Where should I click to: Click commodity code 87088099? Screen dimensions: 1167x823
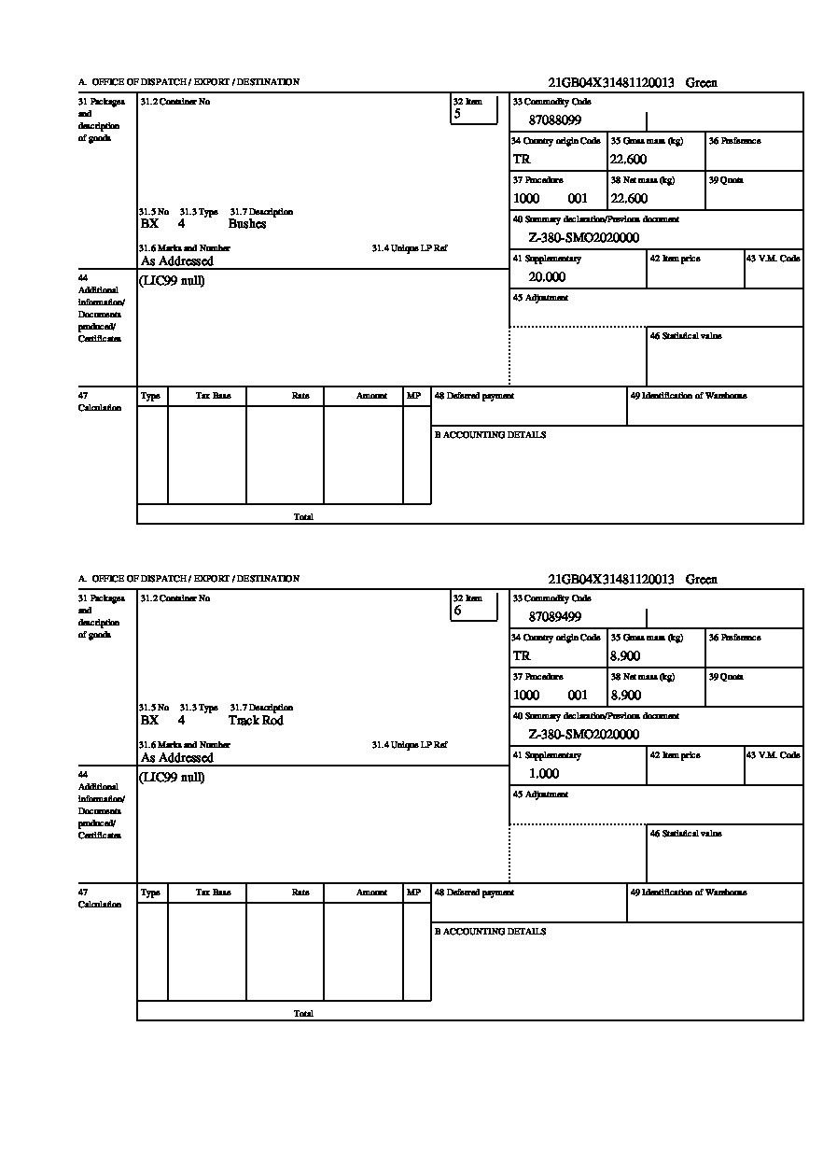pyautogui.click(x=554, y=120)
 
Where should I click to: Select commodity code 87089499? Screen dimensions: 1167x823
pyautogui.click(x=554, y=617)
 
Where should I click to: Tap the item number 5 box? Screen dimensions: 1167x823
pyautogui.click(x=474, y=109)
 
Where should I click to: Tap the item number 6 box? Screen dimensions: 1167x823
pyautogui.click(x=474, y=606)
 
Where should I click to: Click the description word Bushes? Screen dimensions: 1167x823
pyautogui.click(x=247, y=224)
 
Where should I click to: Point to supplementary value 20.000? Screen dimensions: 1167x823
pyautogui.click(x=546, y=277)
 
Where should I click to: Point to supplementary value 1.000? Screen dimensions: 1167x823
pyautogui.click(x=543, y=774)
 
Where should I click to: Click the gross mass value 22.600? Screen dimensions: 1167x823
pyautogui.click(x=628, y=160)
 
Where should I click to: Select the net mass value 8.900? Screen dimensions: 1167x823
pyautogui.click(x=625, y=696)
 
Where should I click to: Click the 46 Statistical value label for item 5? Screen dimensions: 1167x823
pyautogui.click(x=685, y=336)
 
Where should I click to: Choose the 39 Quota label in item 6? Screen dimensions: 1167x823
pyautogui.click(x=725, y=676)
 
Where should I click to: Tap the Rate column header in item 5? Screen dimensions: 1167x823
pyautogui.click(x=300, y=396)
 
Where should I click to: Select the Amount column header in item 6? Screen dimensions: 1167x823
pyautogui.click(x=371, y=893)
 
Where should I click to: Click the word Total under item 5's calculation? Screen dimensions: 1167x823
pyautogui.click(x=303, y=516)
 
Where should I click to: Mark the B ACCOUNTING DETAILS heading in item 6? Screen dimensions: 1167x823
pyautogui.click(x=490, y=932)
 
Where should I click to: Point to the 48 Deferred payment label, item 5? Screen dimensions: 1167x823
pyautogui.click(x=474, y=396)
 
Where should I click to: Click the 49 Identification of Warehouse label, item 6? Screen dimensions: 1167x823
pyautogui.click(x=688, y=893)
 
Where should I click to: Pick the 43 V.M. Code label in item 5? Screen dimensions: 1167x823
pyautogui.click(x=773, y=259)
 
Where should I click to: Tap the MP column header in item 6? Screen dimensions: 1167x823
pyautogui.click(x=413, y=893)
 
